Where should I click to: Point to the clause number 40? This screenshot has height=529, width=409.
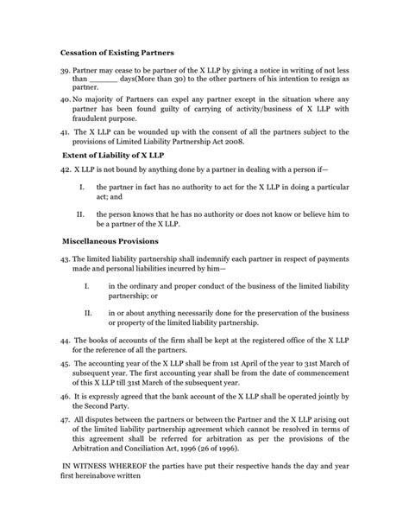point(65,101)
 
